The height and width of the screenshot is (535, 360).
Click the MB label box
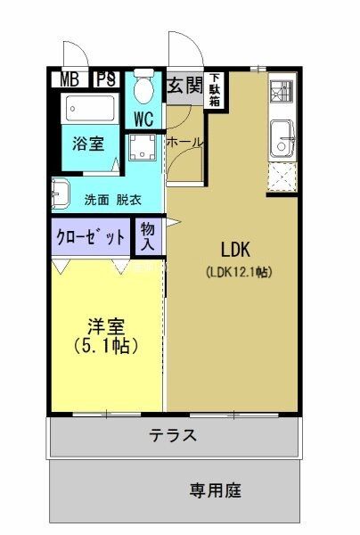70,79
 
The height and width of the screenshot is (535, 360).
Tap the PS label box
106,79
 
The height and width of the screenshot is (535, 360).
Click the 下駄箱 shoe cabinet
216,89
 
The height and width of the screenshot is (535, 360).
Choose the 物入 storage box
147,236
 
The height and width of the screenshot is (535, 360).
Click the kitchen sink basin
283,140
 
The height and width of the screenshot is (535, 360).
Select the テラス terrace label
172,436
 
